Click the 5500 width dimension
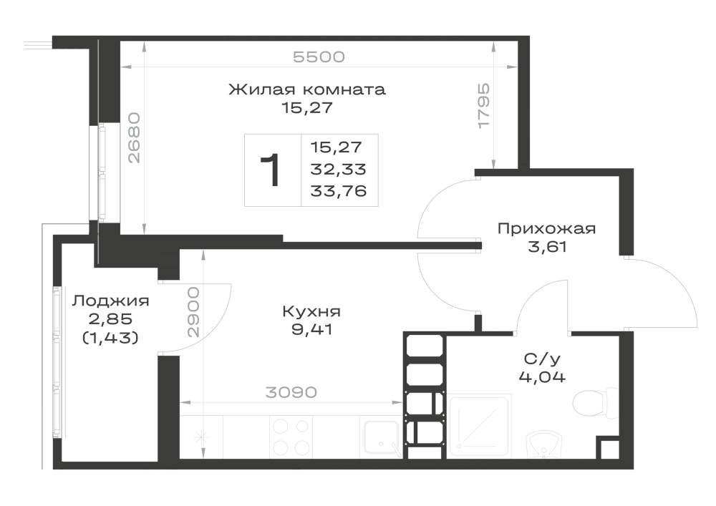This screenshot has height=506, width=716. coord(319,57)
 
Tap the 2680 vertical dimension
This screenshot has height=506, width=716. coord(135,138)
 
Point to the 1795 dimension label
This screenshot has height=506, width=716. coord(483,106)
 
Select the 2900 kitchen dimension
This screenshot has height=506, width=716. coord(193,312)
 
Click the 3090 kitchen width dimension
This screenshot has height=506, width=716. coord(291,392)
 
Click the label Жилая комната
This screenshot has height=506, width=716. coord(307,89)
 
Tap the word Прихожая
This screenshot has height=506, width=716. coord(546,228)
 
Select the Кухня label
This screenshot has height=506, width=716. coord(311,311)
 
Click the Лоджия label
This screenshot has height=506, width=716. coord(110,301)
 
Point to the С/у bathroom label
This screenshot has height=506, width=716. coord(542,359)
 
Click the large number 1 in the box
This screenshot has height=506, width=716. coord(270,170)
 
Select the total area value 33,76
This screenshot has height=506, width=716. coord(339,190)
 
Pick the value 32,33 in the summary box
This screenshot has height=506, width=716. coord(339,170)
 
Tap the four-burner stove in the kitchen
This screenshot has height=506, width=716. coord(291,437)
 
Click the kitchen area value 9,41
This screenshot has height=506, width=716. coord(311,329)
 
